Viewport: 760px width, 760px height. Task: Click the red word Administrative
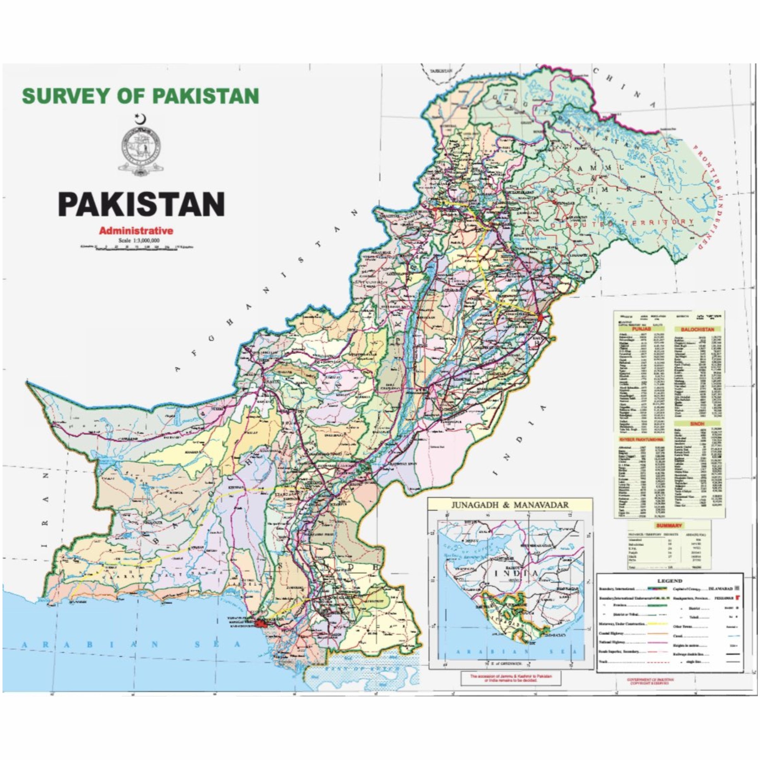tap(136, 231)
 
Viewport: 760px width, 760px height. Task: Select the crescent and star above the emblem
tap(141, 118)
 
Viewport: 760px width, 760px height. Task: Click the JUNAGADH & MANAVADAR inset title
tap(510, 505)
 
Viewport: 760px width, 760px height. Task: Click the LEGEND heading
tap(669, 581)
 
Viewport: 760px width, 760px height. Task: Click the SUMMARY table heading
tap(668, 525)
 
